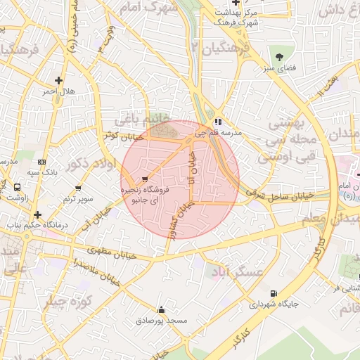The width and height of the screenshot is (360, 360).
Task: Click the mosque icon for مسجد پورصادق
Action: point(162,309)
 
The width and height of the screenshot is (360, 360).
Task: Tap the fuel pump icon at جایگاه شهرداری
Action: point(273,294)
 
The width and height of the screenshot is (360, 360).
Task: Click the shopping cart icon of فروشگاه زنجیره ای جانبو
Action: point(145,179)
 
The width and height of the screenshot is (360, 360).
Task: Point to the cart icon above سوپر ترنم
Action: point(78,188)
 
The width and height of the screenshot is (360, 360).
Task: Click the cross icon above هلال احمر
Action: point(58,80)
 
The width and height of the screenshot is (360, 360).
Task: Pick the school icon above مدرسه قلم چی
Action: point(219,121)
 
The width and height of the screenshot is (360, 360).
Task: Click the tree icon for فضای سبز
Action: point(280,56)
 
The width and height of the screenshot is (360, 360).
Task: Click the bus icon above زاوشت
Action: point(16,187)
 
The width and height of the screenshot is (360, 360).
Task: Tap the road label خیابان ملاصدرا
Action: point(98,271)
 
